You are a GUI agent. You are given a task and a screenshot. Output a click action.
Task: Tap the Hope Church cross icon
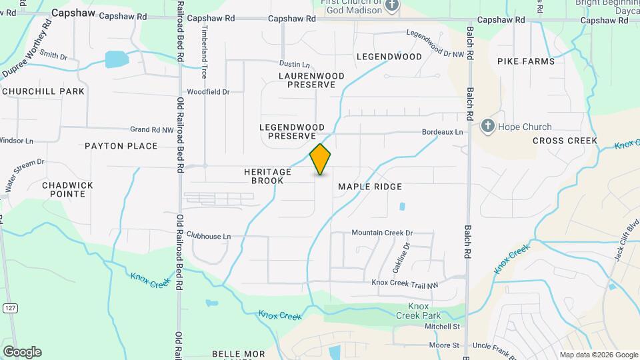coord(488,126)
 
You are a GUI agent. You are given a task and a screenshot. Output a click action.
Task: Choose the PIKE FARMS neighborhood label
coord(526,61)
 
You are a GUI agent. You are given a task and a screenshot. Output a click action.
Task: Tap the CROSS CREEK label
coord(565,141)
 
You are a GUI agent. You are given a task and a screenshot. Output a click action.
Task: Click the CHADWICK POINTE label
coord(67,189)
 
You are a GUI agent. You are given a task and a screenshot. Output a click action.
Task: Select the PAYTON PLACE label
coord(121,145)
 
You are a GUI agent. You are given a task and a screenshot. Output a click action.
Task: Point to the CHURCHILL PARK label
coord(43,91)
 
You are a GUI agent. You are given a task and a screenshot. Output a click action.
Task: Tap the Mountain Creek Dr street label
coord(382,233)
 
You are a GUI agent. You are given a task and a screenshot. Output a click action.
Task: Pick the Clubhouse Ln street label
coord(208,236)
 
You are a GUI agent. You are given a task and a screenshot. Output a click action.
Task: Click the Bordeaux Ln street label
coord(442,132)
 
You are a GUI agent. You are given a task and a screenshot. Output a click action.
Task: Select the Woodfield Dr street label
coord(208,91)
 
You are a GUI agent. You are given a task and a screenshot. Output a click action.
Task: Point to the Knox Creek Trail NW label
coord(405,283)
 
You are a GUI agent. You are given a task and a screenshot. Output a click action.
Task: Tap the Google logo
coord(22,352)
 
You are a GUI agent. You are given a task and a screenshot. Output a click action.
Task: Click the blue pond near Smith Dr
coord(117,60)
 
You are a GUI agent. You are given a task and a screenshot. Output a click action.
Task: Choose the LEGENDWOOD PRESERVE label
coord(291,131)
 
